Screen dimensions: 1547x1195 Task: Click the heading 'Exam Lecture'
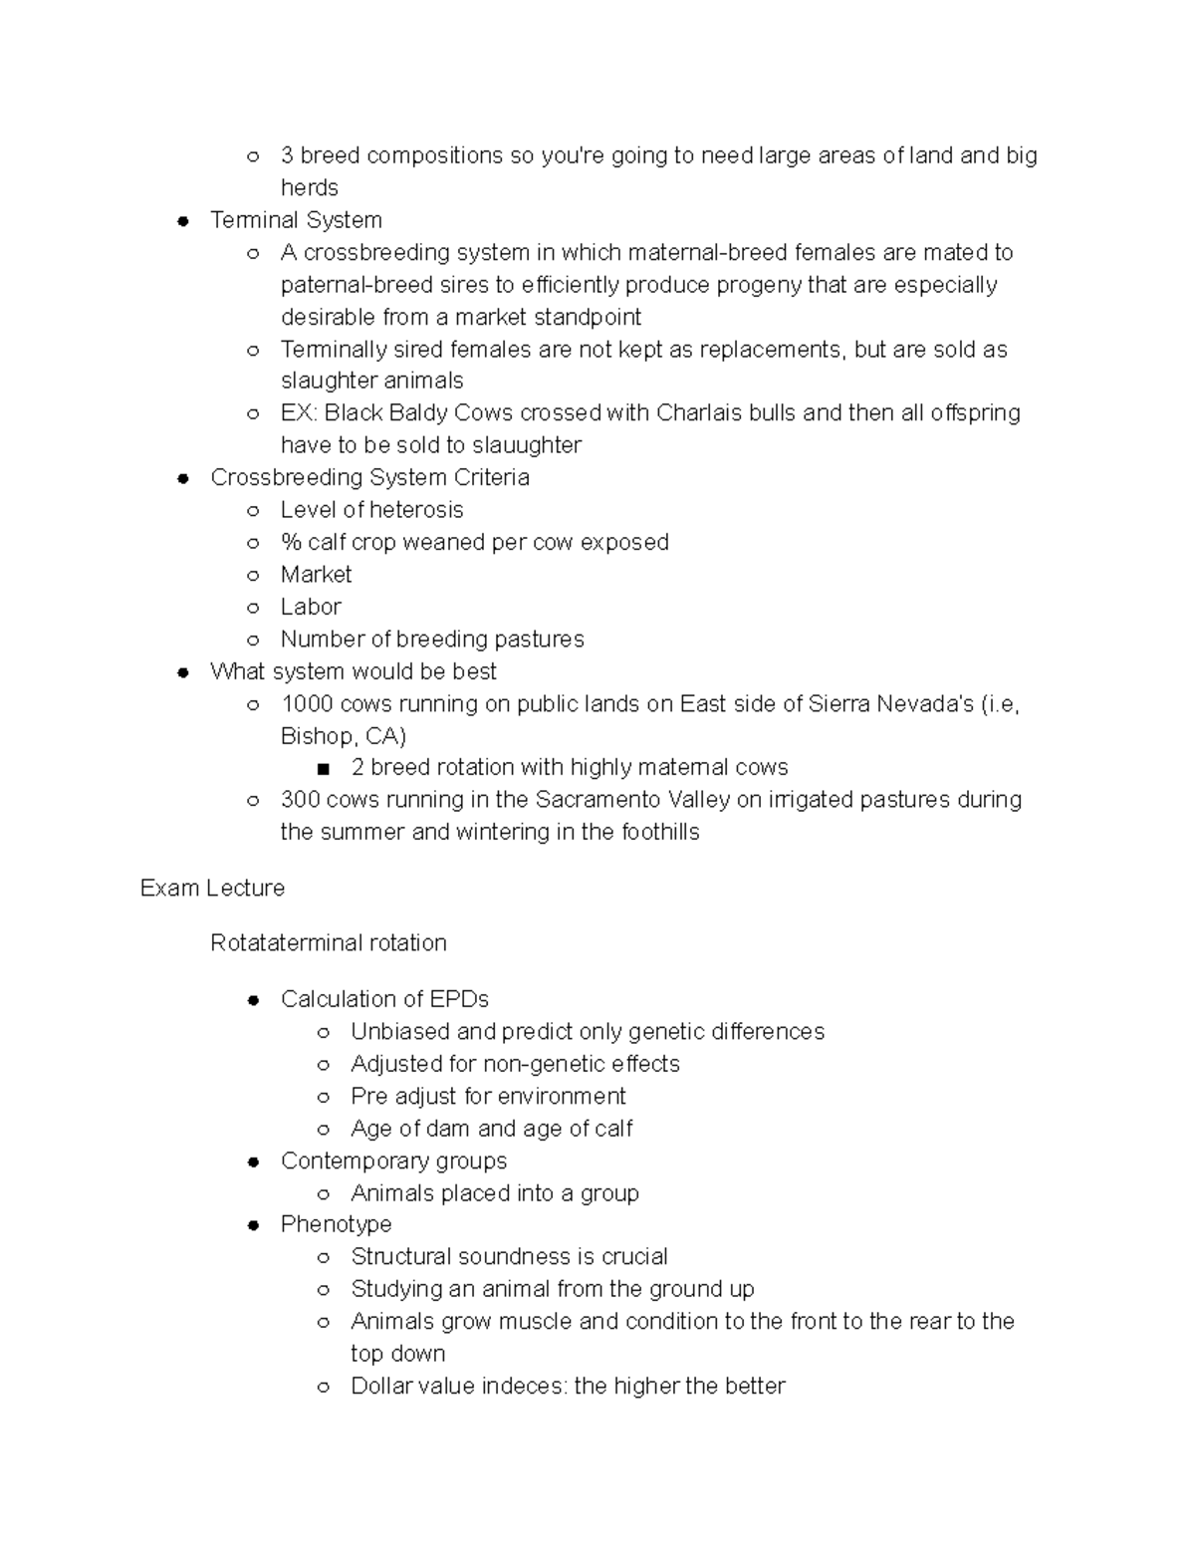(x=212, y=888)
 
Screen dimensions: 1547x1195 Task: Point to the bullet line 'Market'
(x=316, y=575)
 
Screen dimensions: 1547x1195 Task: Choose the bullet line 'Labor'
(x=311, y=607)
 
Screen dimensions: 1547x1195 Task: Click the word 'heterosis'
(x=417, y=510)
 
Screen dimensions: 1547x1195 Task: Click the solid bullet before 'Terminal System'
(x=182, y=221)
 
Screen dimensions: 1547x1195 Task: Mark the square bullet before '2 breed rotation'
(x=322, y=769)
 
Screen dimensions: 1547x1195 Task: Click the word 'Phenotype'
(x=336, y=1224)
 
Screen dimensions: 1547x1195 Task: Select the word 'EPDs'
(x=459, y=999)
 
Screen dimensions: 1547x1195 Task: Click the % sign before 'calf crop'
(x=290, y=543)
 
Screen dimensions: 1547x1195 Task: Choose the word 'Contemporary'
(x=349, y=1160)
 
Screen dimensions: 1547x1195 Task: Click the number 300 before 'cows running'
(x=300, y=800)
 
